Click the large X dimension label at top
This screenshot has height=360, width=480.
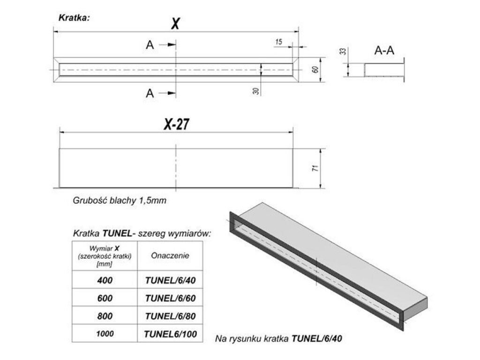175,23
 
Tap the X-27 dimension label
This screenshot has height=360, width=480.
177,124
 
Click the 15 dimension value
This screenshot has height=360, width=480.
278,42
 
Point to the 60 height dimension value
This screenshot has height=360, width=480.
315,69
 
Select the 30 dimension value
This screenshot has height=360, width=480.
256,91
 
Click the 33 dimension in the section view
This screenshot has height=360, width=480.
343,51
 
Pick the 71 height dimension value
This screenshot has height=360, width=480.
315,168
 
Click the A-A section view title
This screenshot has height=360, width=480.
384,50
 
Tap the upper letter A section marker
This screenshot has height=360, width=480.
150,45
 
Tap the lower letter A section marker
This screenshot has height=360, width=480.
150,93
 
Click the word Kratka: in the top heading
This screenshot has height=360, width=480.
74,17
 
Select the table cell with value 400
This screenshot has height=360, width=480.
105,280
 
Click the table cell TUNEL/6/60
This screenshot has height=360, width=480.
170,298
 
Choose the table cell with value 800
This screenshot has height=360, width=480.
105,315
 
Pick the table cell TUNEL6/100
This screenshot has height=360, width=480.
170,334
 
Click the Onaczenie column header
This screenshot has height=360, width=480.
170,255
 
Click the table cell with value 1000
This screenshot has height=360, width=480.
105,334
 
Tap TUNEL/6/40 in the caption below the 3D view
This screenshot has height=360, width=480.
316,338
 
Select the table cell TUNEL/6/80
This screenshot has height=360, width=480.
170,316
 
